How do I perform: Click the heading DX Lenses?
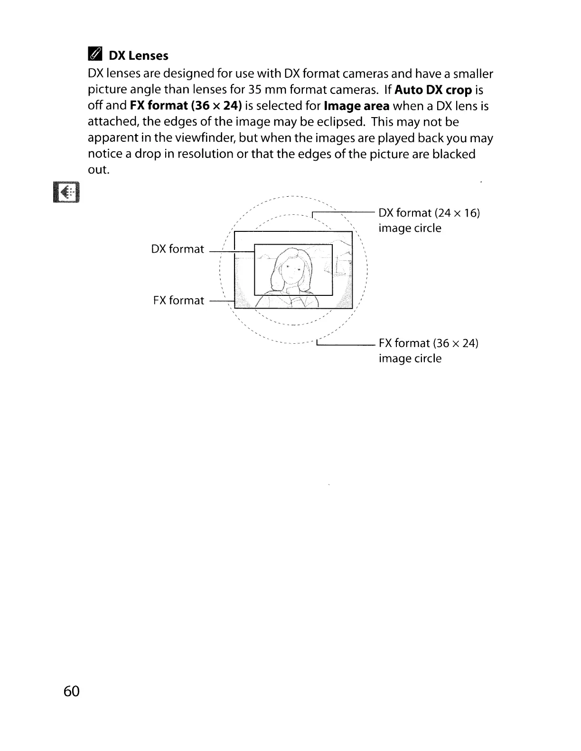tap(138, 56)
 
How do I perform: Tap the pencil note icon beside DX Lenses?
tap(95, 55)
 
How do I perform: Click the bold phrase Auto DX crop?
tap(433, 90)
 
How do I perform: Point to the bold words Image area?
tap(356, 106)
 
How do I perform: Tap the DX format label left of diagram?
tap(178, 249)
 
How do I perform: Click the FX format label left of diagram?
tap(178, 300)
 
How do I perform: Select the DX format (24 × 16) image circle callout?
tap(429, 220)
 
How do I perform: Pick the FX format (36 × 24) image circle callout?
tap(428, 350)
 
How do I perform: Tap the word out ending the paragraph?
tap(99, 170)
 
